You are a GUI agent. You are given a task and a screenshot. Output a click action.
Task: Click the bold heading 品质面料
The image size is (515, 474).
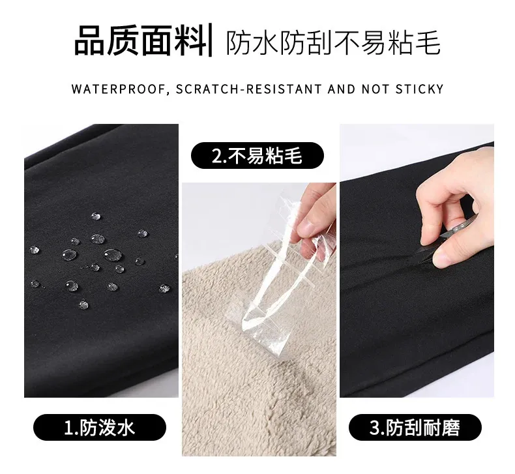click(140, 40)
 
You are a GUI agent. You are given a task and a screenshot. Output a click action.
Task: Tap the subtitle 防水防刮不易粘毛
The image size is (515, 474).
click(333, 42)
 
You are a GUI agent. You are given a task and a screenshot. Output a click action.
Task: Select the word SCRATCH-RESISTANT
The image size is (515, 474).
click(248, 89)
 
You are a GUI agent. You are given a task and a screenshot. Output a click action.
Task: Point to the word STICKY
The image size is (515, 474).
click(419, 89)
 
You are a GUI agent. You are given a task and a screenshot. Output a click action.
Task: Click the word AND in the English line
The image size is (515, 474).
click(342, 89)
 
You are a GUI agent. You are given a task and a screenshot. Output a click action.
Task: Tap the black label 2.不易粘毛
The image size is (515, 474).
click(257, 155)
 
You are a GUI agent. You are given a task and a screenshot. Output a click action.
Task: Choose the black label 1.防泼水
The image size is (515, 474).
click(100, 427)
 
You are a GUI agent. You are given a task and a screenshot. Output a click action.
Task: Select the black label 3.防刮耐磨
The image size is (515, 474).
click(415, 427)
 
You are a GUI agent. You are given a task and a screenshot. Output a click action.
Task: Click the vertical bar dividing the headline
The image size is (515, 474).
click(211, 40)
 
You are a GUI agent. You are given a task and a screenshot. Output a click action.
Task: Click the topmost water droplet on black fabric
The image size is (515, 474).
click(96, 216)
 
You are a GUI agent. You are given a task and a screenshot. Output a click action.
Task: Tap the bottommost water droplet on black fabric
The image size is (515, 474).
click(83, 304)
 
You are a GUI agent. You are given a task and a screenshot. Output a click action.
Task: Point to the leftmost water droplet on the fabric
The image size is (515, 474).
click(35, 250)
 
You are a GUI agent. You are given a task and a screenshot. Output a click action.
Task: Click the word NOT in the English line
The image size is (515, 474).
click(375, 89)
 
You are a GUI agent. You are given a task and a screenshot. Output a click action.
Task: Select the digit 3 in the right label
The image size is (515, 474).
click(375, 427)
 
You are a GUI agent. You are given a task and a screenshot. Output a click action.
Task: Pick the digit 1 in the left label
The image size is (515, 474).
click(68, 427)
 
